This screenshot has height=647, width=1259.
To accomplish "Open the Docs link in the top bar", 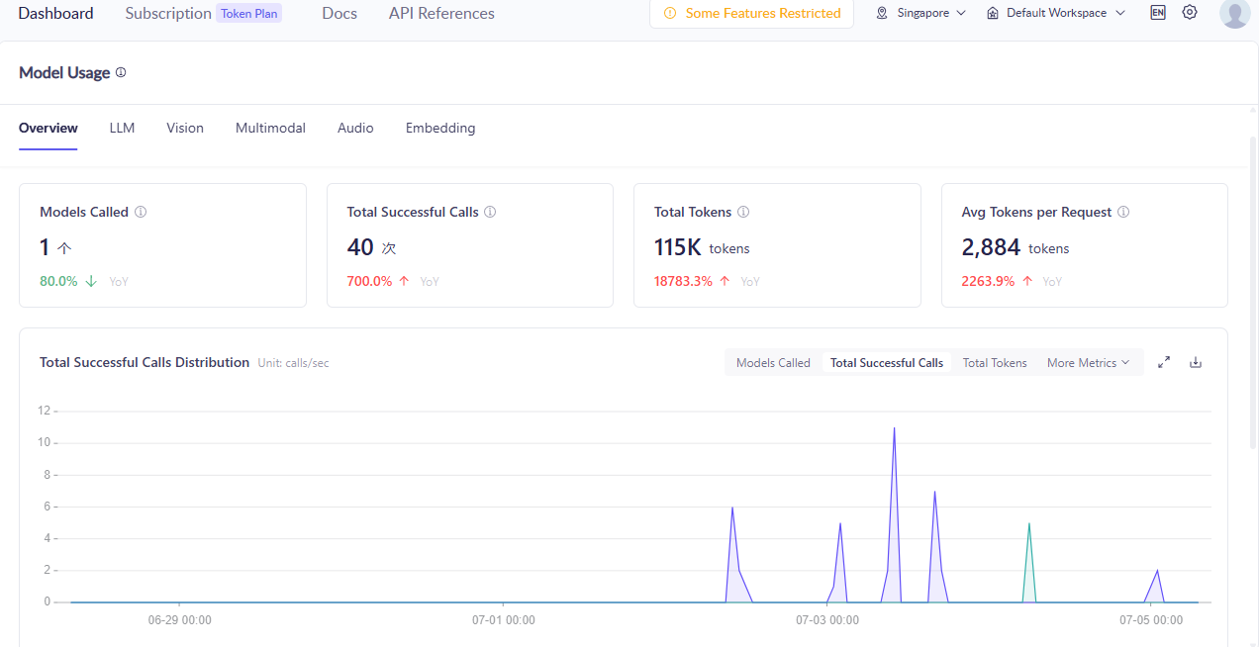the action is tap(339, 13).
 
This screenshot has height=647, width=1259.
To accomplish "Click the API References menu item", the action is tap(441, 13).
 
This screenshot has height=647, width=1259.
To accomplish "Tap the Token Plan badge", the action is tap(249, 14).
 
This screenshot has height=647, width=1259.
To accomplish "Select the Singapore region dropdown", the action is tap(920, 13).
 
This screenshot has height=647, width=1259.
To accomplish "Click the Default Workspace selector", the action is tap(1056, 13).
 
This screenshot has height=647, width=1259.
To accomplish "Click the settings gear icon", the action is tap(1190, 12).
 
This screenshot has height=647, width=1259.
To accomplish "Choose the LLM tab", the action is tap(122, 128).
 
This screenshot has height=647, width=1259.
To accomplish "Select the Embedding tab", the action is tap(440, 128).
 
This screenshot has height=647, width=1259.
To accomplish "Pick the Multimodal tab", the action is tap(270, 128).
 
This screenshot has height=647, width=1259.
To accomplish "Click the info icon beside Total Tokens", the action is tap(743, 212).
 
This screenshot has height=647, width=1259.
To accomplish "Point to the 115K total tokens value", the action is tap(677, 247).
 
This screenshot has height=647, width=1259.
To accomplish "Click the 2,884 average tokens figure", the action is tap(991, 247).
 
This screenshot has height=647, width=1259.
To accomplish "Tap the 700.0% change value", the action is tap(369, 281).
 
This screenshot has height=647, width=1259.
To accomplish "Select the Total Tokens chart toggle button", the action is tap(995, 363).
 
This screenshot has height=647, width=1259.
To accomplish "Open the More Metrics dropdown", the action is tap(1088, 363).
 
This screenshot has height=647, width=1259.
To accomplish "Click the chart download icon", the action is tap(1196, 363).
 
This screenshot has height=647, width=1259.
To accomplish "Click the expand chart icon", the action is tap(1164, 363).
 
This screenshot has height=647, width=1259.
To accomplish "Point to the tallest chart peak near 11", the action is tap(894, 428).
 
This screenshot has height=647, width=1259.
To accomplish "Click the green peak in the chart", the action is tap(1029, 524).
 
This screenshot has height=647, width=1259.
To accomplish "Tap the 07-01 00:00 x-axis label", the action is tap(503, 620).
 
